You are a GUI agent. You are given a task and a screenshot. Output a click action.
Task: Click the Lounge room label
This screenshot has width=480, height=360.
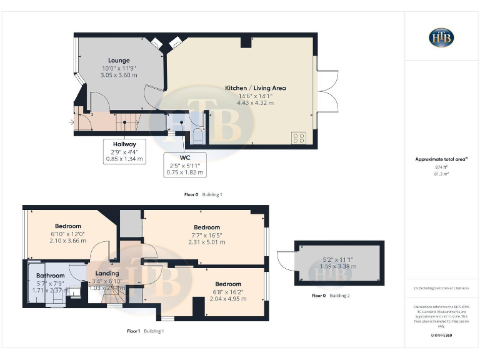point(118,61)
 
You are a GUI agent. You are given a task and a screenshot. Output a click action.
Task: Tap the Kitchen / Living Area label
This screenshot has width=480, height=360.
point(255,88)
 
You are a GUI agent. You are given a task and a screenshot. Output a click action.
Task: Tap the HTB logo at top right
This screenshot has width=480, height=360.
point(442,37)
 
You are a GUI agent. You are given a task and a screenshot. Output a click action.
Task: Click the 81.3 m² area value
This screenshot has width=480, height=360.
point(442,174)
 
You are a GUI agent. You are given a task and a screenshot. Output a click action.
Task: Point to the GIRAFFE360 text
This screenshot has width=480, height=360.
point(441,336)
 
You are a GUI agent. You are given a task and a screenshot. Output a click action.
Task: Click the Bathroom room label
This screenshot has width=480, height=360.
point(50,276)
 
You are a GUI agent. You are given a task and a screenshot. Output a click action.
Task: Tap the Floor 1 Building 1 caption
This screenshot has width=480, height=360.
point(145,331)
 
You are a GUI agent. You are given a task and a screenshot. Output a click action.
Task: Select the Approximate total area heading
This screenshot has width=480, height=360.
point(441,159)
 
